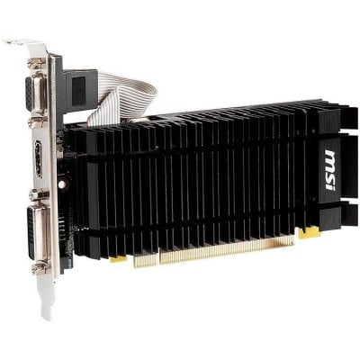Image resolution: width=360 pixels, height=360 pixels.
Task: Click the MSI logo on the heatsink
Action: tap(329, 170)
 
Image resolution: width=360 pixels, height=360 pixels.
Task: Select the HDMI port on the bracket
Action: tap(39, 158)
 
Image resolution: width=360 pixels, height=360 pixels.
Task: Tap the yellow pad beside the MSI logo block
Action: tap(309, 231)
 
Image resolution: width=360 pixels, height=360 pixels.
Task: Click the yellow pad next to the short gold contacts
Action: tap(119, 258)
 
